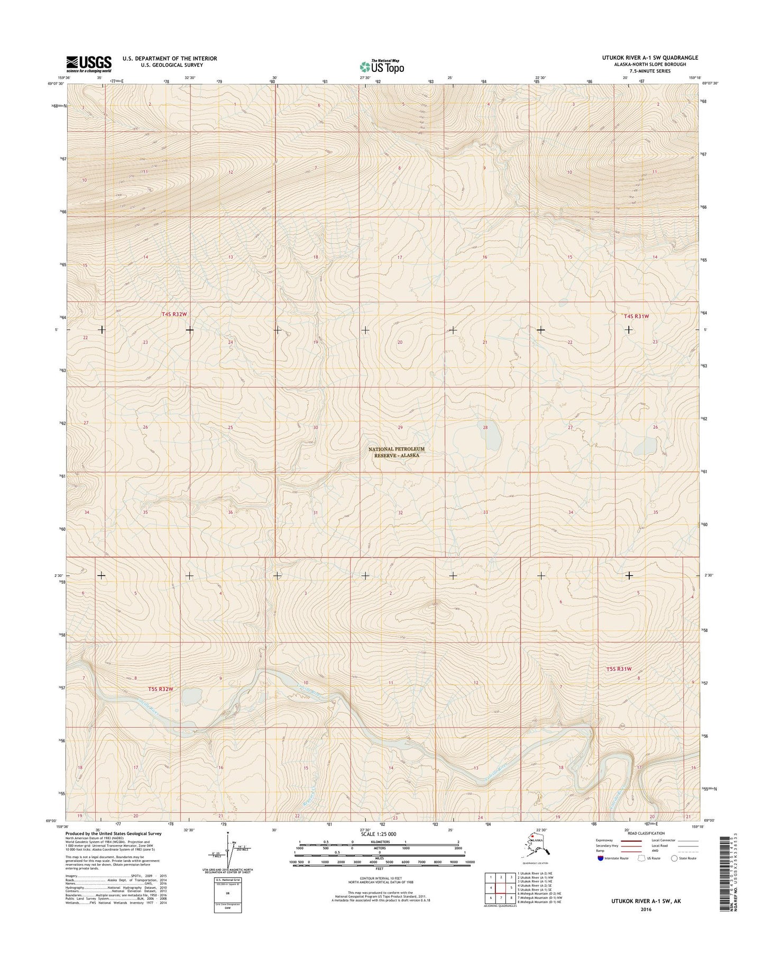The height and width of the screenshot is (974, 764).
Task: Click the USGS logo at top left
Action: tap(89, 63)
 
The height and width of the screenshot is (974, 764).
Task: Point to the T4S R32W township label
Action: tap(174, 314)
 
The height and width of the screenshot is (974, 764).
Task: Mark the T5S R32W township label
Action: tap(161, 689)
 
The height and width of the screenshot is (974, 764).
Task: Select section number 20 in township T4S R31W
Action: tap(400, 342)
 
